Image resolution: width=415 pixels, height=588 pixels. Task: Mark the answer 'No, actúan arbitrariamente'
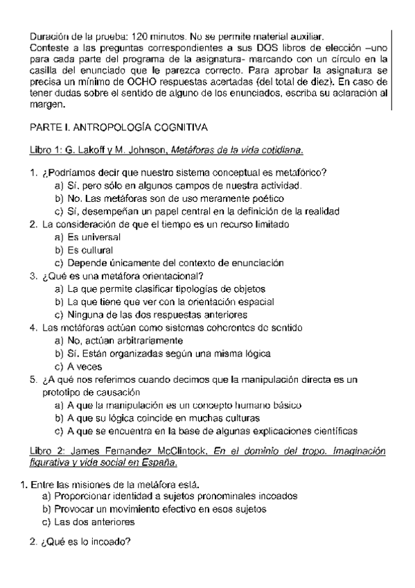click(x=118, y=340)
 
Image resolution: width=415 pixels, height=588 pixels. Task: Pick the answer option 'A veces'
click(x=78, y=366)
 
